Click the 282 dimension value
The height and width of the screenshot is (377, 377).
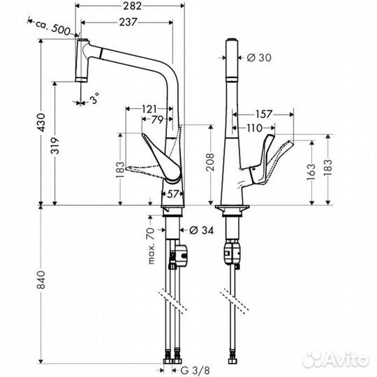click(132, 6)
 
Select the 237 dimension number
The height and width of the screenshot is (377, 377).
click(128, 22)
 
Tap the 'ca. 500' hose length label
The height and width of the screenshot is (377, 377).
click(53, 28)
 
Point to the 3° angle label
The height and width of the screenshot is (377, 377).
click(94, 98)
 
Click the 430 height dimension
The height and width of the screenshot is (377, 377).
click(42, 122)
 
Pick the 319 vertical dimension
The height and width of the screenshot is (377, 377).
click(55, 146)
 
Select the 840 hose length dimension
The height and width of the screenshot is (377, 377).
click(41, 280)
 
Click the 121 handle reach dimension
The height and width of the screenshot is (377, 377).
click(149, 109)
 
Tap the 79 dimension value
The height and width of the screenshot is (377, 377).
click(157, 119)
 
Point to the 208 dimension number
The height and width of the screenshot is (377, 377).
click(210, 162)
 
